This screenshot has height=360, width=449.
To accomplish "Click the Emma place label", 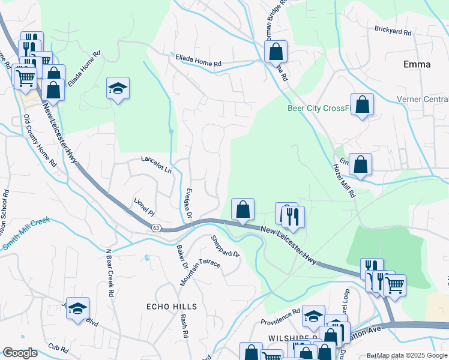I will pyautogui.click(x=417, y=64).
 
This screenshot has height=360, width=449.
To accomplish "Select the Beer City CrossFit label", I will pyautogui.click(x=318, y=108).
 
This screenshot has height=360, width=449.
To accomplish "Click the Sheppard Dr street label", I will pyautogui.click(x=225, y=246).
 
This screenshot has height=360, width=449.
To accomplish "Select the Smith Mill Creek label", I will pyautogui.click(x=28, y=233).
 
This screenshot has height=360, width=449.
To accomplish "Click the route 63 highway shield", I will pyautogui.click(x=156, y=227).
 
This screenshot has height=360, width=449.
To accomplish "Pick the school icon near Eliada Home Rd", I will pyautogui.click(x=118, y=88).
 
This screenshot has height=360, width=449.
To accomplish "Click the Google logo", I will pyautogui.click(x=20, y=353).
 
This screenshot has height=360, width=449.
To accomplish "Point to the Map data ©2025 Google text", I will pyautogui.click(x=411, y=356).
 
